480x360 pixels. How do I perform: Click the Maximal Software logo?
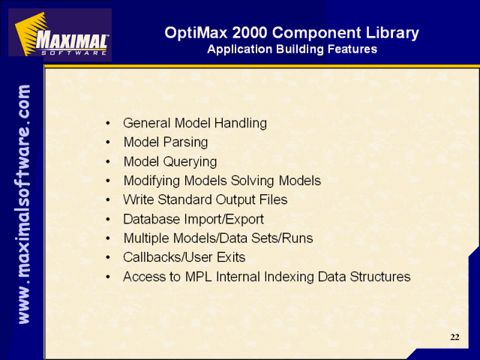click(60, 34)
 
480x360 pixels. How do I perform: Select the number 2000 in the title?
click(250, 32)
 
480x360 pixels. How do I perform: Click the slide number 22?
click(454, 337)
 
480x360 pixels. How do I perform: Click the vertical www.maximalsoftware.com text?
click(24, 204)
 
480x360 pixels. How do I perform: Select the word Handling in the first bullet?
click(240, 123)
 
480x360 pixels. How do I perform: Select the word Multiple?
click(146, 238)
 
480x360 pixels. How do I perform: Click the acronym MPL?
click(198, 277)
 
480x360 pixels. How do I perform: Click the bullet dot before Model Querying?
click(108, 162)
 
